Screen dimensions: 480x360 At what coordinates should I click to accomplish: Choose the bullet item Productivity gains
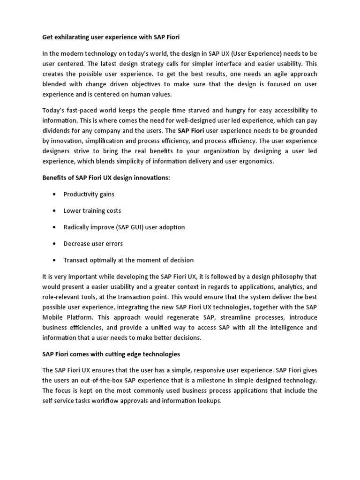point(89,194)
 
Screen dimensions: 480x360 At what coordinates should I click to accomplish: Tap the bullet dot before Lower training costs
point(55,211)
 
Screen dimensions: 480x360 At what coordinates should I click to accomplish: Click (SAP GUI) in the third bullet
point(127,227)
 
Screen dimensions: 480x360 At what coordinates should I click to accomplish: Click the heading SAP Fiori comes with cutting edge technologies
point(111,353)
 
